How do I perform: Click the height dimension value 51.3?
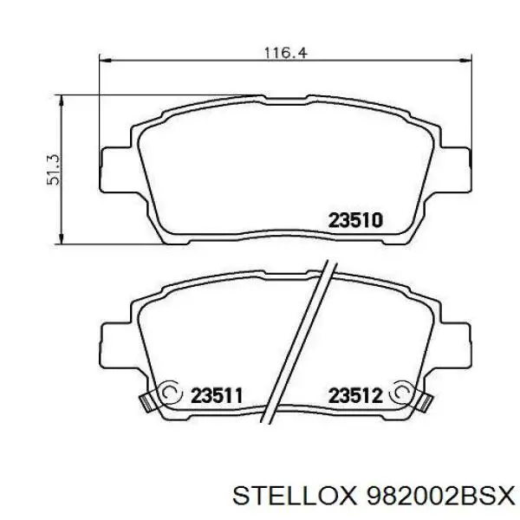click(54, 170)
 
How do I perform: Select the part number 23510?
click(355, 220)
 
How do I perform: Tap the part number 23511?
click(217, 395)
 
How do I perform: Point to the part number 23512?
click(355, 395)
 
